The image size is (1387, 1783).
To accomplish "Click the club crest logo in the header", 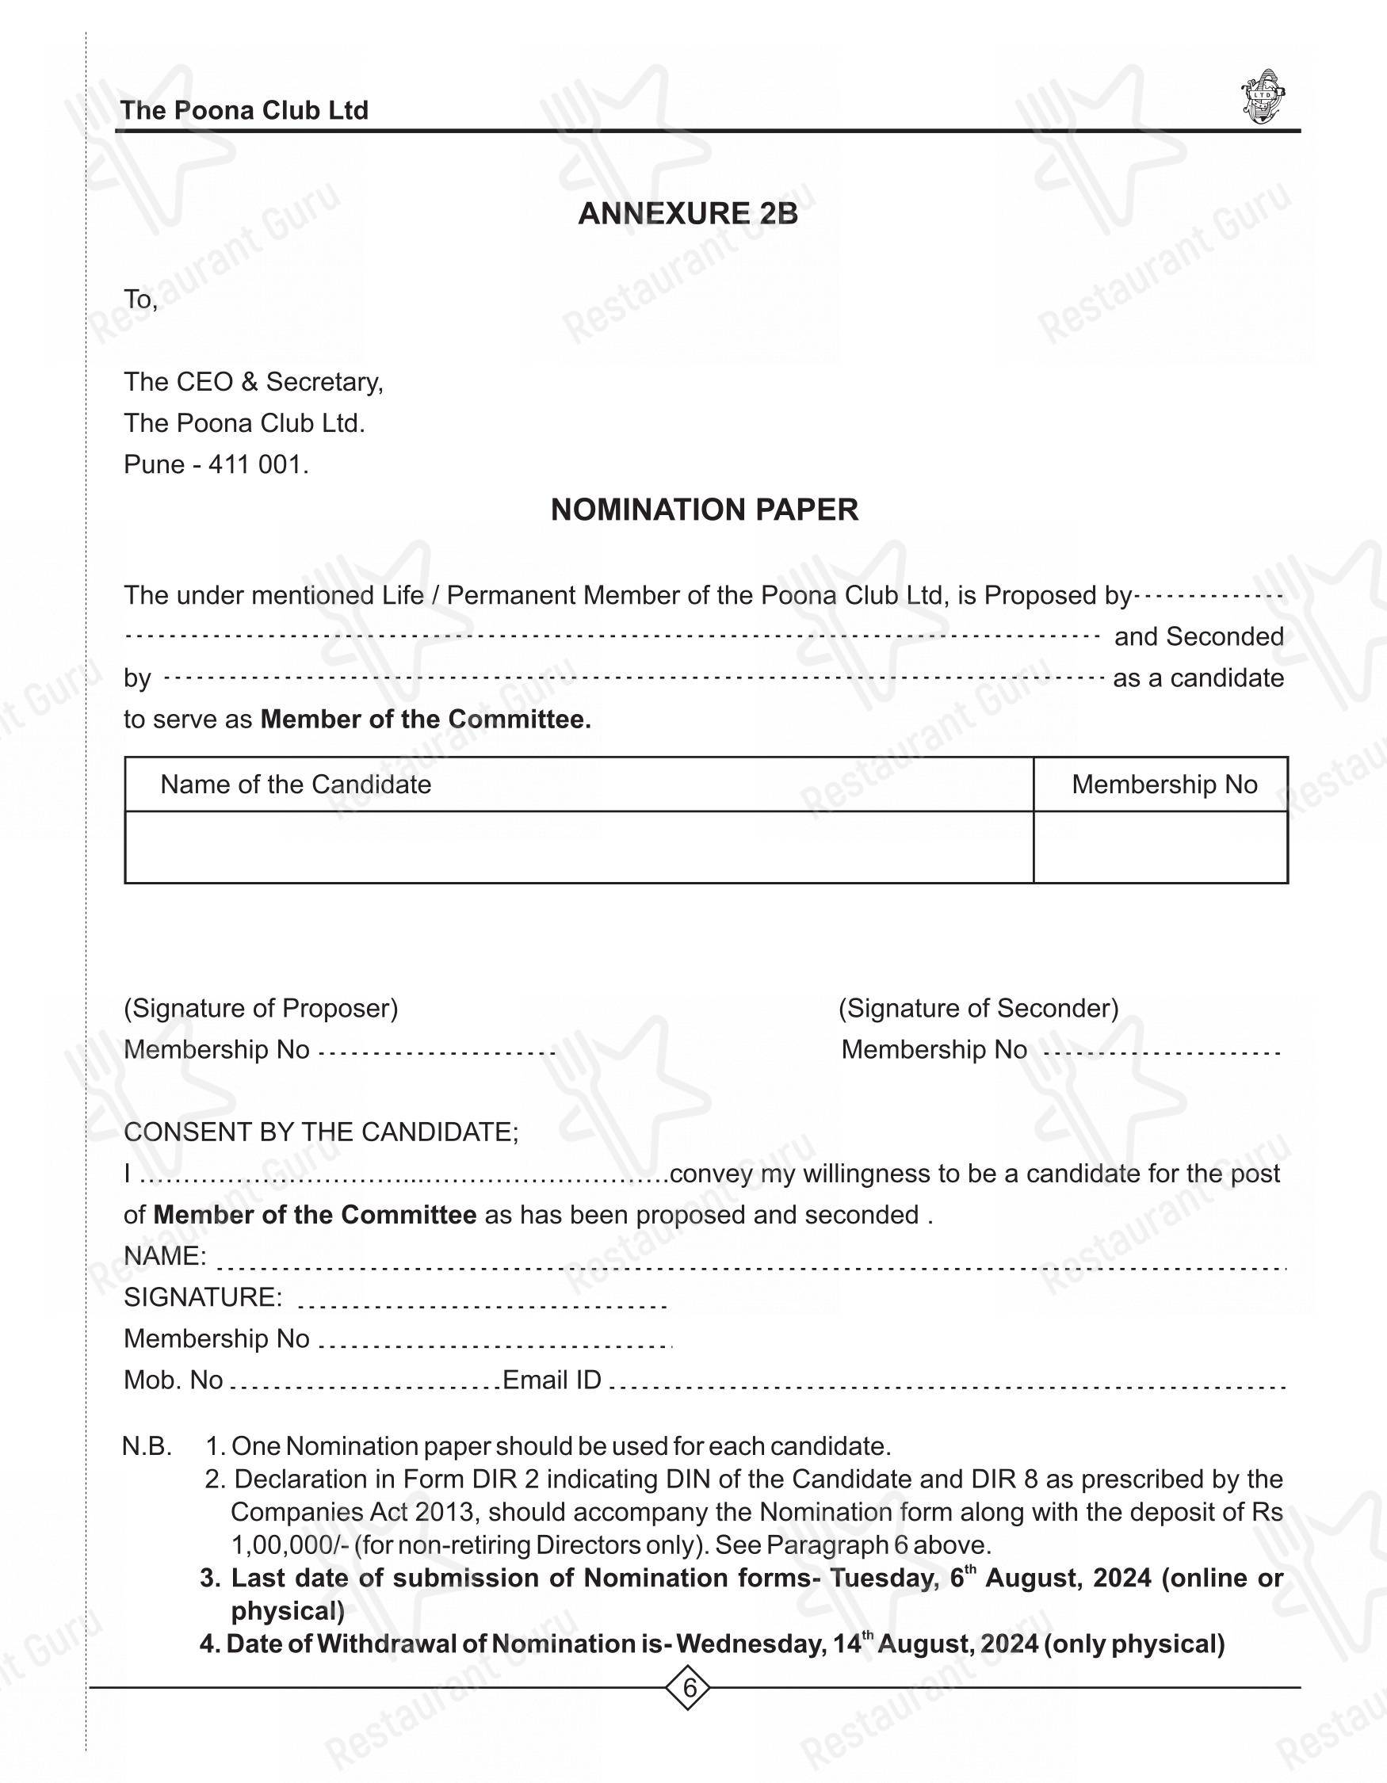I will pos(1262,97).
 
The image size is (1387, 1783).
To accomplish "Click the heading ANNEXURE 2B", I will pos(687,213).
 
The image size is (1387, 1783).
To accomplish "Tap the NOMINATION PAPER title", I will pos(704,510).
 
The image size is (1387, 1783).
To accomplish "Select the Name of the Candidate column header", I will pos(296,785).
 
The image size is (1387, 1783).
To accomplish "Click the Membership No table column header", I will pos(1163,785).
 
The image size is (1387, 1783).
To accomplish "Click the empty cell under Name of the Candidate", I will pos(578,846).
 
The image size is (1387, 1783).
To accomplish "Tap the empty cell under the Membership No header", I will pos(1160,846).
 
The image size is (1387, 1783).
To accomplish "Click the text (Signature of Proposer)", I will pos(261,1008).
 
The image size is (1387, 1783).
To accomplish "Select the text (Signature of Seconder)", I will pos(978,1008).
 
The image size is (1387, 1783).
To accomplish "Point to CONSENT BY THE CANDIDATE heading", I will pos(321,1132).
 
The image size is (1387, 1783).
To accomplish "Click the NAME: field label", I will pos(165,1255).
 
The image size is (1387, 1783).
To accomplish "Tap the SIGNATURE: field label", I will pos(203,1297).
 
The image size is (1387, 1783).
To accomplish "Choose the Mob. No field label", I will pos(173,1380).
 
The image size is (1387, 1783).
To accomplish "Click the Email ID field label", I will pos(552,1380).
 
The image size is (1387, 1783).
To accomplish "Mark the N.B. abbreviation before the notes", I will pos(147,1447).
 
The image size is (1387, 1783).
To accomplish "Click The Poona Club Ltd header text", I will pos(244,110).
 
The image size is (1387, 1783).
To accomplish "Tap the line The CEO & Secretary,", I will pos(253,381).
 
